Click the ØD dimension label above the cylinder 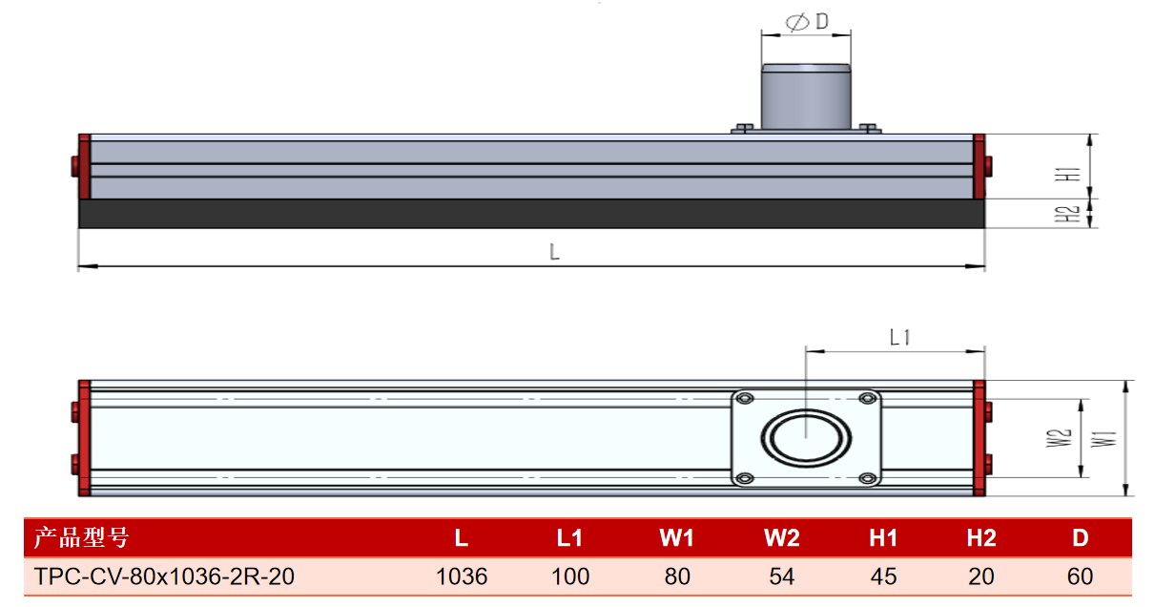807,22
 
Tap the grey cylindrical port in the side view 806,96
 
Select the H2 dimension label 1067,214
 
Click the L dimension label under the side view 554,252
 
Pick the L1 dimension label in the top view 899,338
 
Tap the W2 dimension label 1059,438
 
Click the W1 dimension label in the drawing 1103,439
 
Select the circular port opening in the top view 806,438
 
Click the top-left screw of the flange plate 745,399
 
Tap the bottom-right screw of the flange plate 868,478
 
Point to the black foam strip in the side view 531,214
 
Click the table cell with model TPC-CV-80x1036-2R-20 164,576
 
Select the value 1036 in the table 462,576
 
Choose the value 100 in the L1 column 570,576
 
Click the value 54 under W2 782,576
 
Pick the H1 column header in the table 883,538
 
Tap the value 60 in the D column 1081,576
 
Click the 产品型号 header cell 81,538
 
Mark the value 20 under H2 981,576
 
